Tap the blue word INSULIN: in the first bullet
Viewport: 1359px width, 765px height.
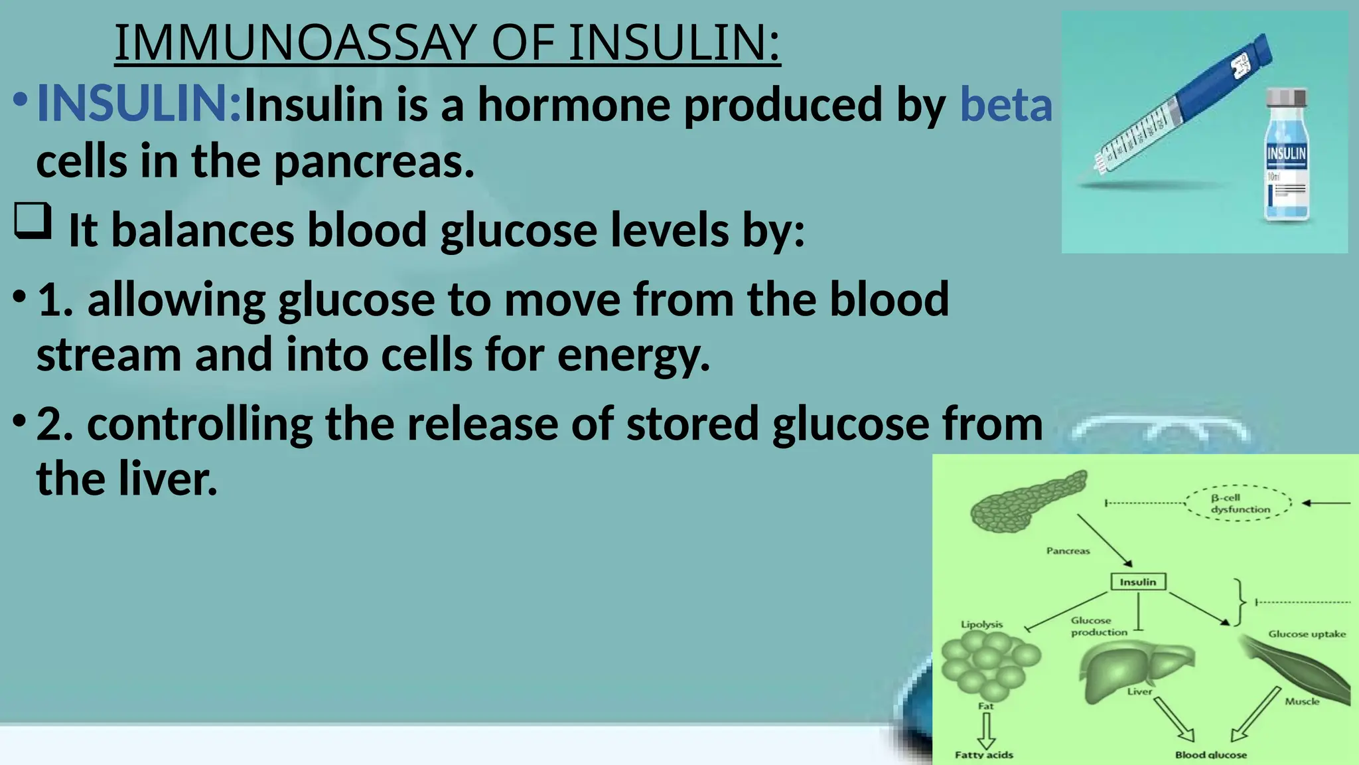pos(139,104)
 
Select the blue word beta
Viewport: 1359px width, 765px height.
pos(1006,105)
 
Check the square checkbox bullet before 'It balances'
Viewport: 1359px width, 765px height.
pos(33,221)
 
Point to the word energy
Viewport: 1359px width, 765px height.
pos(634,355)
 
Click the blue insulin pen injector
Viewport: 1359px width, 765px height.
pos(1188,100)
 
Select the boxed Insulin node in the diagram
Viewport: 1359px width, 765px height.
pos(1138,582)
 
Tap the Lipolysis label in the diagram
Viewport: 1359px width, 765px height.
pos(981,624)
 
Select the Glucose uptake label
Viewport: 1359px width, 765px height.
pos(1307,634)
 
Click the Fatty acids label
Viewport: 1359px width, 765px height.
pos(983,754)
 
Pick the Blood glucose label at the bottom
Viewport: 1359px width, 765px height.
pos(1210,754)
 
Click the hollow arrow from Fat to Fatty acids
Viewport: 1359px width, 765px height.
pos(986,730)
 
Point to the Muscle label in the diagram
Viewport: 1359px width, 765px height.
pos(1302,701)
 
